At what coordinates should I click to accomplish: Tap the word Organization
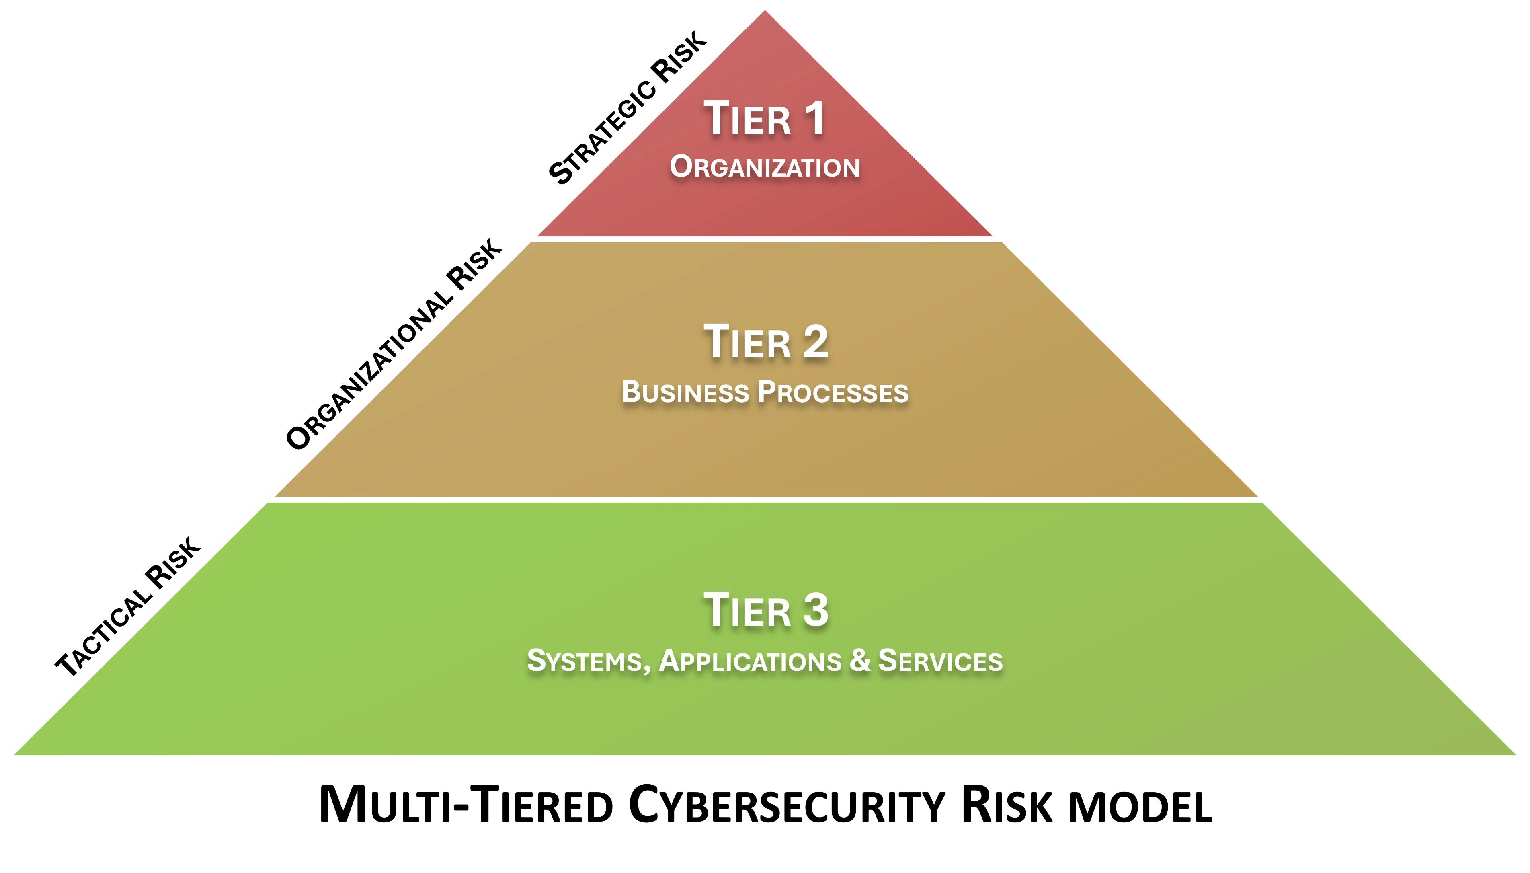tap(765, 167)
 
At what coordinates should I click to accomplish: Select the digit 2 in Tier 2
tap(814, 342)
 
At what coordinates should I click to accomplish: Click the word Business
tap(685, 393)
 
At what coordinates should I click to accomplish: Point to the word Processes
tap(833, 393)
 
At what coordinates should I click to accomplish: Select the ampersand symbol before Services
tap(859, 661)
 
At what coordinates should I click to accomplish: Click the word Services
tap(940, 661)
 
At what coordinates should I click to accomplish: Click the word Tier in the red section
tap(747, 119)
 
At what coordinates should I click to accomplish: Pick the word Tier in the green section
tap(747, 610)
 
